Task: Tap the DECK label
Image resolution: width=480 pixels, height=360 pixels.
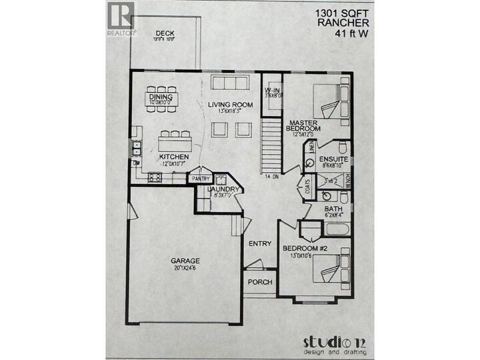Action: [164, 33]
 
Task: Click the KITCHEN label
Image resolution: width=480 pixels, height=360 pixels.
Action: [175, 157]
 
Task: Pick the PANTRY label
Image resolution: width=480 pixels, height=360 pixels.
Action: [201, 179]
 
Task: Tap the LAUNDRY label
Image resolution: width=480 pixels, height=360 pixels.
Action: [219, 190]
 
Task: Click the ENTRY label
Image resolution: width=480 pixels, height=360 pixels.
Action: [259, 243]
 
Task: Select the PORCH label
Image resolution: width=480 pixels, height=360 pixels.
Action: [260, 282]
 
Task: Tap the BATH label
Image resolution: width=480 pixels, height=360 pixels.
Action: [333, 209]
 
